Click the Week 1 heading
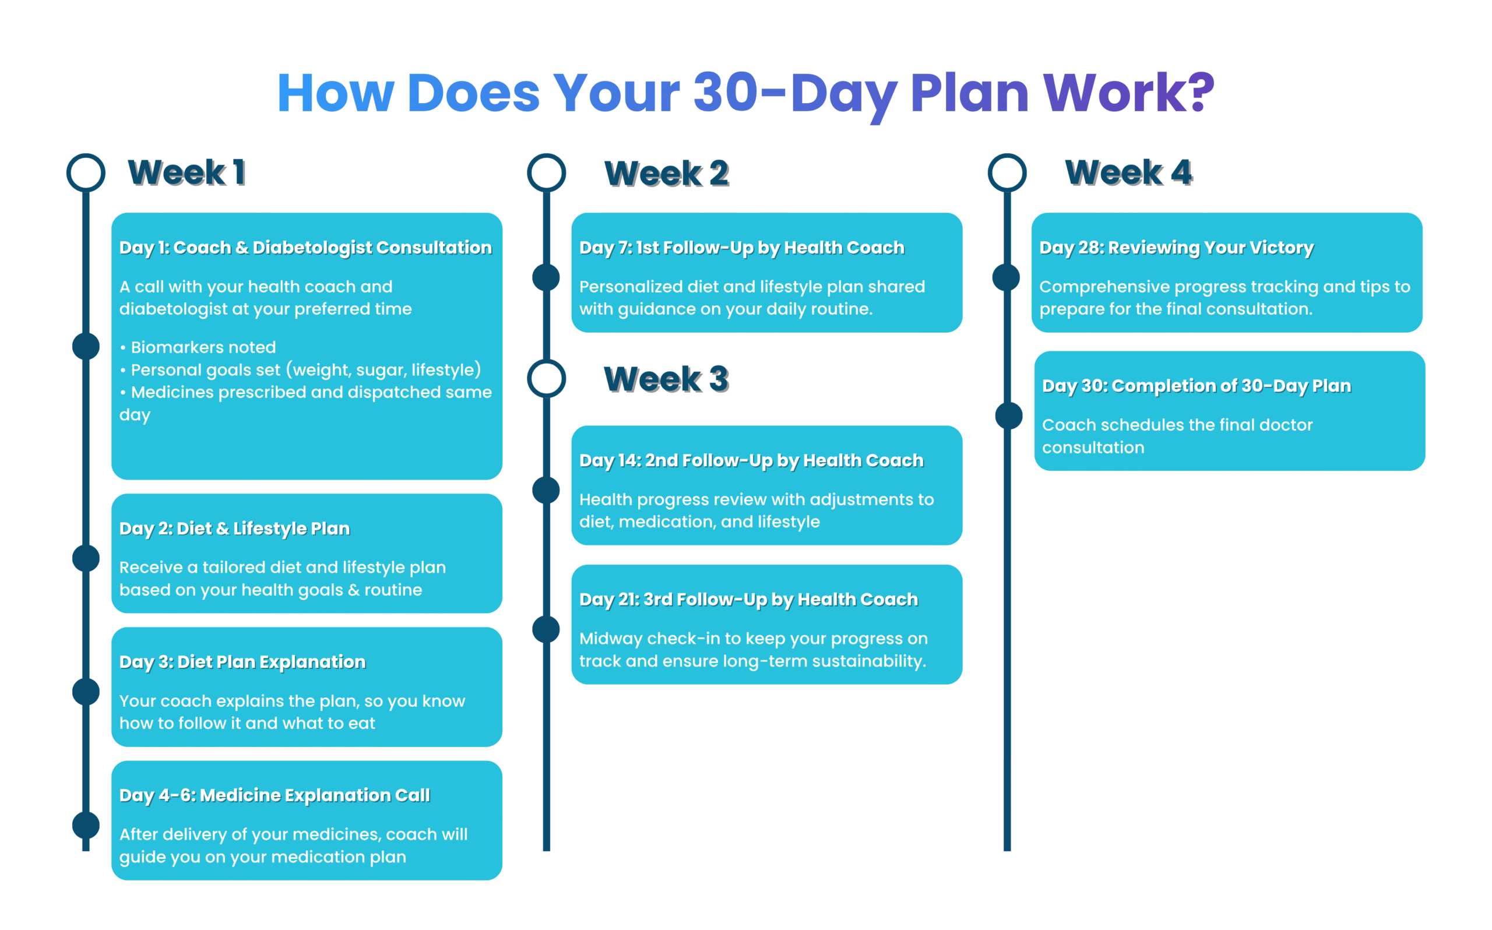(x=186, y=172)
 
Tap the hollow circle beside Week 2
(x=546, y=172)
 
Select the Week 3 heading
(x=666, y=378)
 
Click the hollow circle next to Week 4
(x=1007, y=172)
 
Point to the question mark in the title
(x=1202, y=92)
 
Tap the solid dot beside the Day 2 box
(x=86, y=558)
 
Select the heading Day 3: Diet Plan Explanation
(x=242, y=662)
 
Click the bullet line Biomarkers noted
(x=203, y=347)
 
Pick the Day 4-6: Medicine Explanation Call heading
(x=275, y=795)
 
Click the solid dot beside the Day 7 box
(x=546, y=277)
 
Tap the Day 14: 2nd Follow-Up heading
(x=751, y=460)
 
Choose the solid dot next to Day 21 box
(x=546, y=629)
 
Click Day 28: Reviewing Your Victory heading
(x=1176, y=247)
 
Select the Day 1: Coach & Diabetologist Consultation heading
(x=305, y=247)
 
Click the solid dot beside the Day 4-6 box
(x=86, y=825)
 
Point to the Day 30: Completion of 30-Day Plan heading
(x=1196, y=386)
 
